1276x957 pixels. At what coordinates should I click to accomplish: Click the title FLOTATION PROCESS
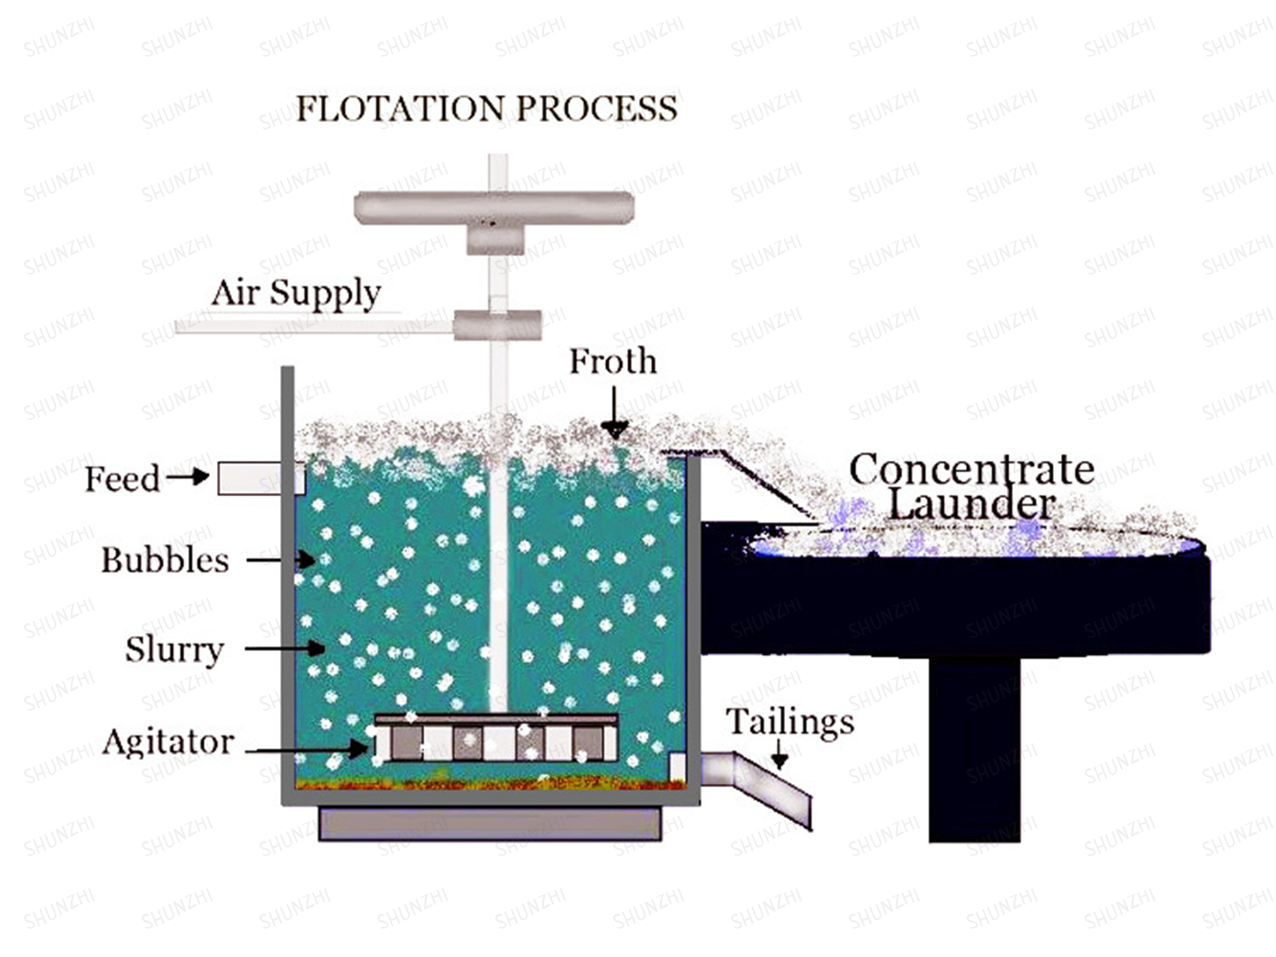[x=486, y=109]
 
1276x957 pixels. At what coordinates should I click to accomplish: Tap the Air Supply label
[x=296, y=292]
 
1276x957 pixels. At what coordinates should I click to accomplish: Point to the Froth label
[x=613, y=362]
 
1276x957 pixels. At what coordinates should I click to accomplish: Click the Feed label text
[x=122, y=479]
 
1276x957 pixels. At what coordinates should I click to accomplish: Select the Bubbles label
[x=165, y=560]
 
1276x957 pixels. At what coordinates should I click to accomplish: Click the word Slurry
[x=175, y=650]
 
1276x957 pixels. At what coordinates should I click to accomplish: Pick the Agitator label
[x=168, y=742]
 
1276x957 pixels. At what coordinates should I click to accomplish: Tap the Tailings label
[x=790, y=722]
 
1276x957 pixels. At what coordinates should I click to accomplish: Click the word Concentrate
[x=972, y=470]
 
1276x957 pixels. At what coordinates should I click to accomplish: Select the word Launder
[x=972, y=504]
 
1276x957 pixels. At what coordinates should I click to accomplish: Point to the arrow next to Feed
[x=188, y=477]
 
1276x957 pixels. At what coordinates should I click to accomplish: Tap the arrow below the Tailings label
[x=780, y=754]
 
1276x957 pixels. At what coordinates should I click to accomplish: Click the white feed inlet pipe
[x=261, y=478]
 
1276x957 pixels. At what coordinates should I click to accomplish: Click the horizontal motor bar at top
[x=494, y=207]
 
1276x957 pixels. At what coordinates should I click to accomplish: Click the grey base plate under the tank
[x=490, y=823]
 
